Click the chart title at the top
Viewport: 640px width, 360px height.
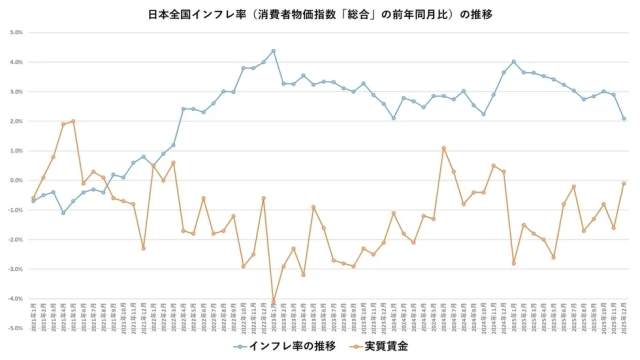(x=320, y=14)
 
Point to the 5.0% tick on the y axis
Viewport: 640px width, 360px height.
(x=17, y=32)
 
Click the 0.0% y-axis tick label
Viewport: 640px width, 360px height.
(x=17, y=180)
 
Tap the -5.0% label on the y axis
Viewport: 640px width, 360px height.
(x=17, y=328)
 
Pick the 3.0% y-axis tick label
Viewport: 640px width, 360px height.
(x=17, y=91)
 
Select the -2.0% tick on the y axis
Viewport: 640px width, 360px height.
(x=17, y=239)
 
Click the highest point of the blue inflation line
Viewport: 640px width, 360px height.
(x=273, y=51)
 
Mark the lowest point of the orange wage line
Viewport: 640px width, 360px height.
(x=273, y=301)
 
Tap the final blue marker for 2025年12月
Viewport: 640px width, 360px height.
(x=624, y=118)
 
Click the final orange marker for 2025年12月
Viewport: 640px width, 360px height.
(x=624, y=183)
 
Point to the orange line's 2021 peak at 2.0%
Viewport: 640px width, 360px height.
(x=73, y=121)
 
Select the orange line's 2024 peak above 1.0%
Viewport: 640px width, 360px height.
(x=444, y=148)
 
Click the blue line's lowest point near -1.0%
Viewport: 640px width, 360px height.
(x=63, y=212)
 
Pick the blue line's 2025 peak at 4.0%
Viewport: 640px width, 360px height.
(x=514, y=62)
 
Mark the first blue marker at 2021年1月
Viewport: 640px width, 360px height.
(x=33, y=201)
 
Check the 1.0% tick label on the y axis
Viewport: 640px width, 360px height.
(x=17, y=150)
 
